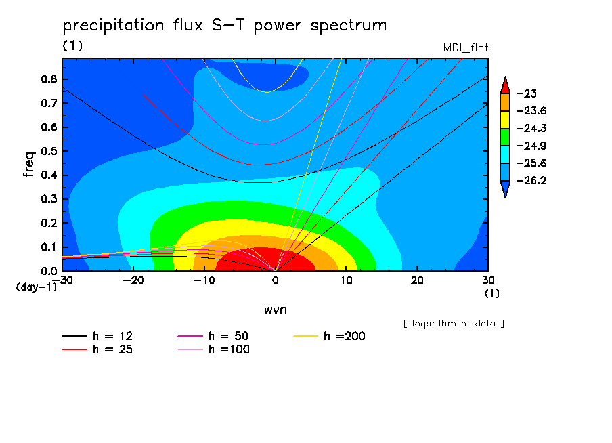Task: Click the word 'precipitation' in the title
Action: (113, 25)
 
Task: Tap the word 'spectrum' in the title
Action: (348, 26)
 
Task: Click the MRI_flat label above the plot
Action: (466, 47)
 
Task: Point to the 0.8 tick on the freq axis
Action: (49, 79)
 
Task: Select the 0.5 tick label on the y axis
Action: (49, 151)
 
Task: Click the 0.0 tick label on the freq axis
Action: (49, 271)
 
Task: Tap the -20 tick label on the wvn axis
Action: (133, 280)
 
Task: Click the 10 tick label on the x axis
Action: (346, 280)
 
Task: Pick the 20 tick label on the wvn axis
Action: (417, 280)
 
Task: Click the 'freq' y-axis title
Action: (29, 165)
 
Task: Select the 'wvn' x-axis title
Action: (276, 310)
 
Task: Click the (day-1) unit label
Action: (37, 287)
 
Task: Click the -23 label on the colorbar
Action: (527, 93)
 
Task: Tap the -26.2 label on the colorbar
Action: (531, 180)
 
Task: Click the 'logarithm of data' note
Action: (454, 324)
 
